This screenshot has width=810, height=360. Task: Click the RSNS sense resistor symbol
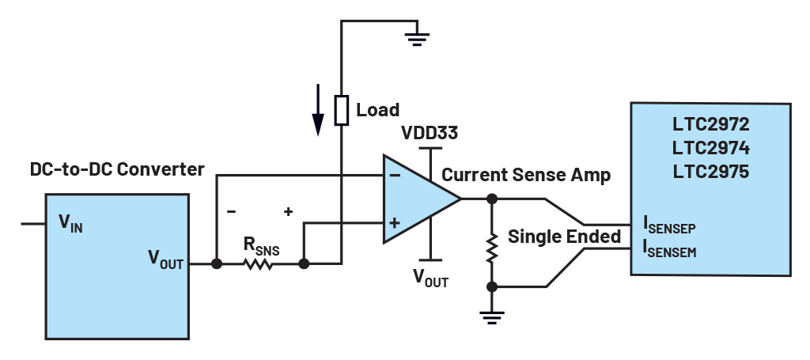[259, 264]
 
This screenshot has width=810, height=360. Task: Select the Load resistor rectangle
[342, 110]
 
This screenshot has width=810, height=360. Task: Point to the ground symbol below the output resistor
[491, 318]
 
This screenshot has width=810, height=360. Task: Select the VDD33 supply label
[429, 131]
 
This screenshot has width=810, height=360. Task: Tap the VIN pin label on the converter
[70, 223]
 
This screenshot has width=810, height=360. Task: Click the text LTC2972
[710, 125]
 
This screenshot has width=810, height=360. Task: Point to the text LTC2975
[710, 171]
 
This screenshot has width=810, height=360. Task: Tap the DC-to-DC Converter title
[117, 169]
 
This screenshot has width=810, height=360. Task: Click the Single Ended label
[564, 236]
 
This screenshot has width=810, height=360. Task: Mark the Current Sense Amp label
[526, 175]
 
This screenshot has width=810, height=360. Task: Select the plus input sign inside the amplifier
[393, 224]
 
